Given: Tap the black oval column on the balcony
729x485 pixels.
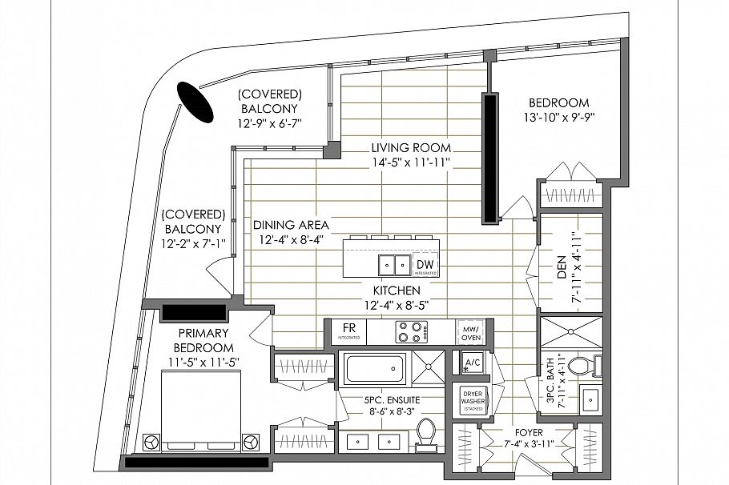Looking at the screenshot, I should [195, 102].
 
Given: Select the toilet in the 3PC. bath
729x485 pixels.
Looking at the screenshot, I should [596, 365].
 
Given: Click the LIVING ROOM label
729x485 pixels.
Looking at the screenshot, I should [411, 148].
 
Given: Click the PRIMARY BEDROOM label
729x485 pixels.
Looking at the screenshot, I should [204, 340].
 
